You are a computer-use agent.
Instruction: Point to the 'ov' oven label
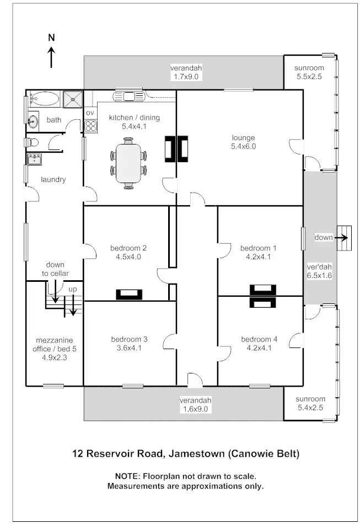point(90,113)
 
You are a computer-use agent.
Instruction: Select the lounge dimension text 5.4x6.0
point(243,147)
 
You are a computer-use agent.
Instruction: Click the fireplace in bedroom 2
point(130,294)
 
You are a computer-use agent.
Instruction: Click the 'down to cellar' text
point(55,269)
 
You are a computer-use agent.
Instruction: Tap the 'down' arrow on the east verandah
point(342,238)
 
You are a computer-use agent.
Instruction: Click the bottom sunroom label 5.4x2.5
point(309,408)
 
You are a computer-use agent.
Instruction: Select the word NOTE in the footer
point(127,476)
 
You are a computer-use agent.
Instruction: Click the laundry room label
point(53,180)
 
